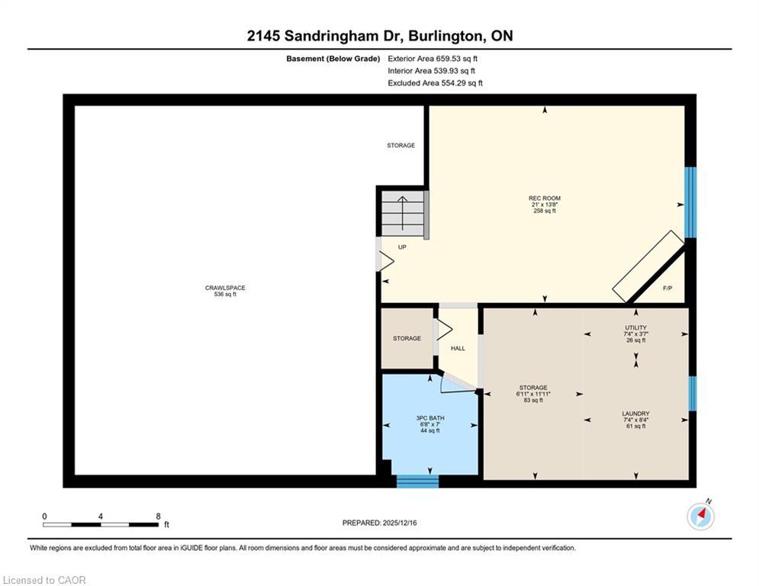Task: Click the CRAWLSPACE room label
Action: click(x=225, y=288)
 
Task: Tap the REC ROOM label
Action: click(x=545, y=198)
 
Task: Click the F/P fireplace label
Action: click(x=667, y=288)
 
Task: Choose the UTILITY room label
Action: click(x=635, y=327)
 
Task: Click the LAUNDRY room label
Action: click(x=635, y=414)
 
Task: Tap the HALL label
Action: click(x=458, y=348)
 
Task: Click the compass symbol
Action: click(x=700, y=516)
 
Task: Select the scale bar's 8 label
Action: click(x=158, y=516)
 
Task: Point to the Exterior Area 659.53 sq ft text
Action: click(x=433, y=58)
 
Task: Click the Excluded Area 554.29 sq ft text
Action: click(x=435, y=83)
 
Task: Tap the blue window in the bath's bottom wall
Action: click(x=417, y=481)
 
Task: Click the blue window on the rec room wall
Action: click(x=690, y=203)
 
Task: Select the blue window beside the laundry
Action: click(x=692, y=394)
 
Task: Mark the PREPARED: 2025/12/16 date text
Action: click(x=379, y=523)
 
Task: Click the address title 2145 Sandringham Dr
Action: click(x=379, y=36)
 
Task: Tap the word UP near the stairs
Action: click(x=402, y=247)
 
